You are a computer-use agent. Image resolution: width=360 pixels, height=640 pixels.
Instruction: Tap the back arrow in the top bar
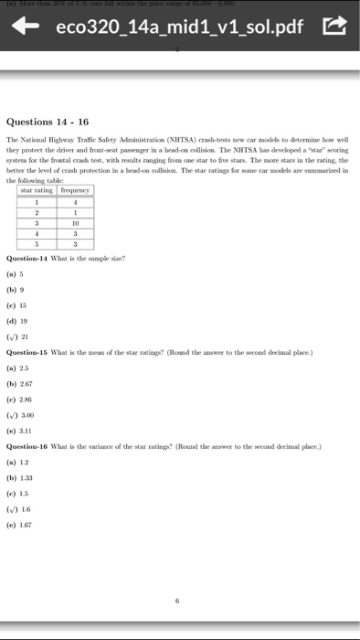(23, 34)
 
